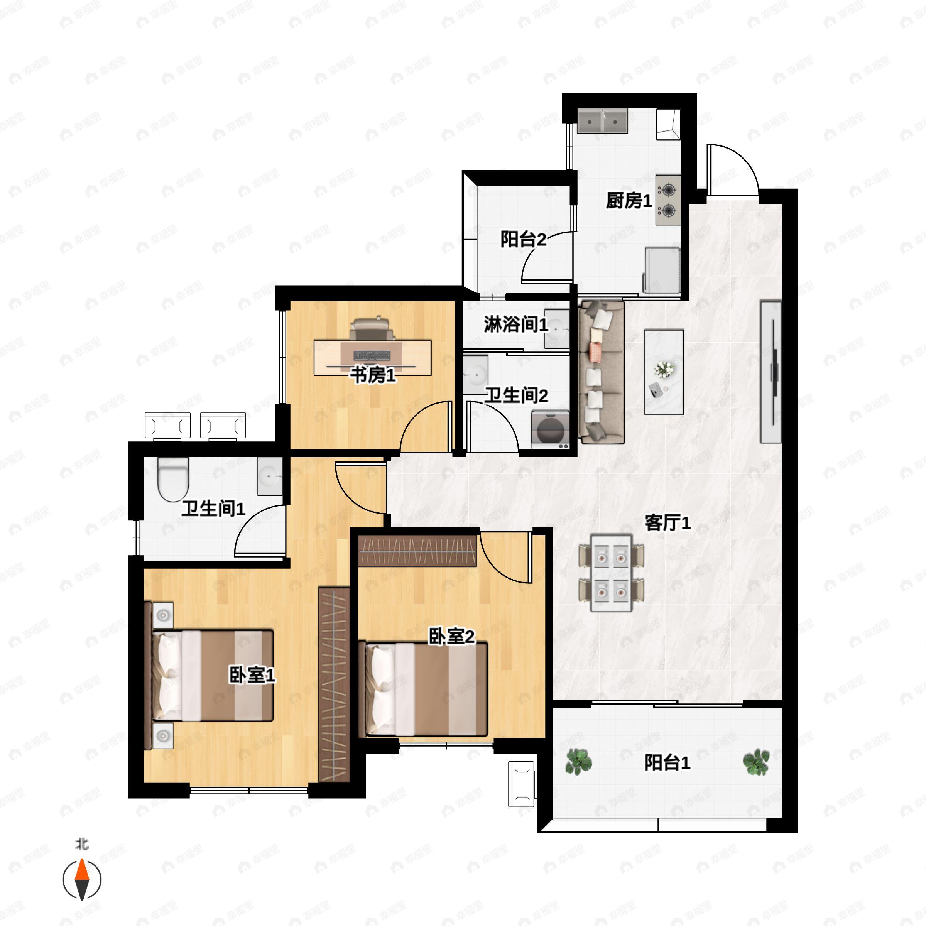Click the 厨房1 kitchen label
click(629, 200)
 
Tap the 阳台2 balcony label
click(524, 239)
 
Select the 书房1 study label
click(373, 375)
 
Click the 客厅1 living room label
click(667, 523)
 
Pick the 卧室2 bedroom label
click(451, 637)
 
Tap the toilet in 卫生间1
click(173, 479)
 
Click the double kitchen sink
click(602, 121)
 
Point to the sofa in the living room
click(602, 372)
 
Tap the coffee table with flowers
click(664, 372)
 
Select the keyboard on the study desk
click(372, 356)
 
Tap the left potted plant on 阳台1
click(578, 762)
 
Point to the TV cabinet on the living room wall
click(771, 372)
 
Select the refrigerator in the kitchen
click(662, 270)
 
